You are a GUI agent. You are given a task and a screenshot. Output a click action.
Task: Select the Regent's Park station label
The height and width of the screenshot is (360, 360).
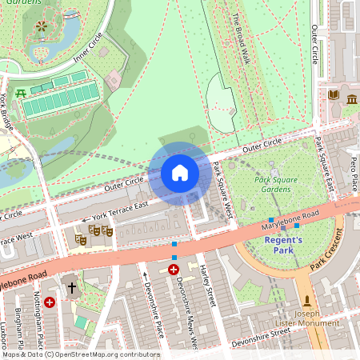(284, 245)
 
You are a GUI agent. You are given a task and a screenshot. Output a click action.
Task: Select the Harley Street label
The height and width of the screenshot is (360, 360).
(210, 286)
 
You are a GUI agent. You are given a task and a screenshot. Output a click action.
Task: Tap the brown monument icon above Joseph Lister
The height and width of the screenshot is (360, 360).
(306, 301)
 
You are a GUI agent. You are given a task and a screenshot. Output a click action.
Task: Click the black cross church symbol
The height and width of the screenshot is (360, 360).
(71, 286)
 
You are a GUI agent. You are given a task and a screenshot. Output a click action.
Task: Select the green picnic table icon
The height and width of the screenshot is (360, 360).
(21, 94)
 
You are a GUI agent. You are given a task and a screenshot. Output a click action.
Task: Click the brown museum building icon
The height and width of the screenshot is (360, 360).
(352, 98)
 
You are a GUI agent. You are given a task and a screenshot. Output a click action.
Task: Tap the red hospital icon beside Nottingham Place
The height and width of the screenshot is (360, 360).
(50, 302)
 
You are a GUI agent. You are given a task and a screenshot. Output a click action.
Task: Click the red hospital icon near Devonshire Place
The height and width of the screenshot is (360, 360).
(174, 270)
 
